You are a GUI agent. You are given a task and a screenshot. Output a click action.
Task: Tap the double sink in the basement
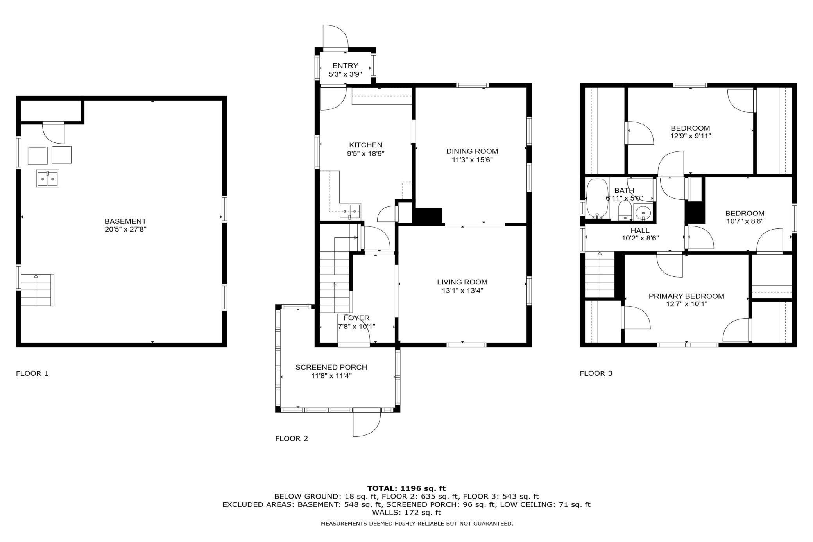click(x=48, y=178)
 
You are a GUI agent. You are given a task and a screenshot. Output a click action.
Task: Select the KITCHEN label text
click(x=365, y=145)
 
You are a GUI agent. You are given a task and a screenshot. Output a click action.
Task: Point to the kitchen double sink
click(x=350, y=211)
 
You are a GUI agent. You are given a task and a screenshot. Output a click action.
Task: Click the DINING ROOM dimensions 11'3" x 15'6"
click(x=472, y=160)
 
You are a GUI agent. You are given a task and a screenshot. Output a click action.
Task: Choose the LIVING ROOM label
click(x=462, y=282)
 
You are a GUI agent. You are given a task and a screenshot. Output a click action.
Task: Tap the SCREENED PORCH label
click(x=331, y=367)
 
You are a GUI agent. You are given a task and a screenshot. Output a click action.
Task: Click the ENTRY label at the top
click(x=345, y=66)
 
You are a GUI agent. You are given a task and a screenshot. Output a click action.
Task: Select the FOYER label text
click(x=356, y=318)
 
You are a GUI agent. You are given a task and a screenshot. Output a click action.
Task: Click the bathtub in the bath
click(x=596, y=198)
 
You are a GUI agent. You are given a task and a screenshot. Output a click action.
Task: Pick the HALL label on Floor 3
click(x=640, y=231)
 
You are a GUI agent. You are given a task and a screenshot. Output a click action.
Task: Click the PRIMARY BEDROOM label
click(x=686, y=296)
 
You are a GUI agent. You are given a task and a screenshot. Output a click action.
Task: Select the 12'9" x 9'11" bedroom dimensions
click(x=690, y=136)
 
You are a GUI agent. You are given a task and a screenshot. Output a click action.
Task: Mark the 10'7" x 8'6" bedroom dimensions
click(x=745, y=221)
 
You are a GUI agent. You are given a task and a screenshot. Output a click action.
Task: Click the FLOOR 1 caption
click(x=32, y=373)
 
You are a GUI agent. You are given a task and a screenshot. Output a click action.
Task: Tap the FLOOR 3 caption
click(x=596, y=373)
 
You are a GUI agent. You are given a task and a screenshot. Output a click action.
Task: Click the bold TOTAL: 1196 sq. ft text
click(x=406, y=488)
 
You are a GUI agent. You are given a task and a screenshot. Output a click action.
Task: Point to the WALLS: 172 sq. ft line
click(x=406, y=512)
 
